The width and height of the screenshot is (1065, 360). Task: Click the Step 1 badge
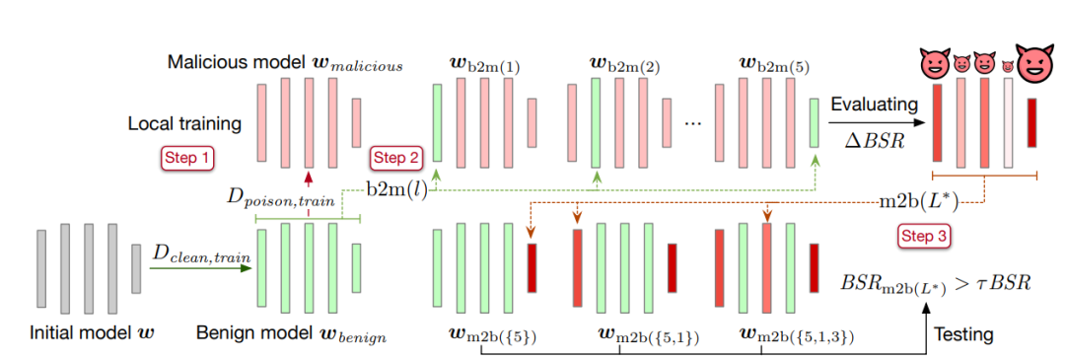(187, 158)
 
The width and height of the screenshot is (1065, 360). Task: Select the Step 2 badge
(396, 158)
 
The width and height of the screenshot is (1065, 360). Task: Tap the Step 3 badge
(925, 237)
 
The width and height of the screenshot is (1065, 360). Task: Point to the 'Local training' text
(184, 124)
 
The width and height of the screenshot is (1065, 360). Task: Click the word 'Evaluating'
(875, 104)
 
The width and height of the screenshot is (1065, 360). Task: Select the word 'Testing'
(963, 334)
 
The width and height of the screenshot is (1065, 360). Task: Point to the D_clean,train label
(200, 256)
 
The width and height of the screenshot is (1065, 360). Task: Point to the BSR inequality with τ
(936, 285)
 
